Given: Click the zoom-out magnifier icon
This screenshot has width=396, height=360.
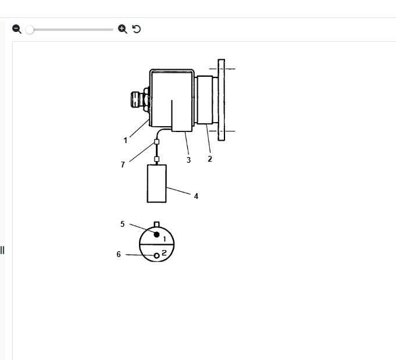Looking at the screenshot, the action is pyautogui.click(x=17, y=29).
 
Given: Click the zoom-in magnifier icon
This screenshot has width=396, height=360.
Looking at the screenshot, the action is pyautogui.click(x=123, y=29).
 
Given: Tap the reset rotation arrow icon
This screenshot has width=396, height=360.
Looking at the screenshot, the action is pyautogui.click(x=137, y=29).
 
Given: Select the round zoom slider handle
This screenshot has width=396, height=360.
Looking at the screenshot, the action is pyautogui.click(x=30, y=30).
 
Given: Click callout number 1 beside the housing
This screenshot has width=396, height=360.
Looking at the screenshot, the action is pyautogui.click(x=125, y=141).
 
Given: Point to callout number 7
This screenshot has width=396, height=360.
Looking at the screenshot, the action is pyautogui.click(x=123, y=165).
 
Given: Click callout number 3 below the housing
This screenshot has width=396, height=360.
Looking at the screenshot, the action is pyautogui.click(x=188, y=160).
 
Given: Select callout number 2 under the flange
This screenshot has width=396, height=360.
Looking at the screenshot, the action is pyautogui.click(x=210, y=159).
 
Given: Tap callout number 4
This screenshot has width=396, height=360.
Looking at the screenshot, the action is pyautogui.click(x=196, y=196).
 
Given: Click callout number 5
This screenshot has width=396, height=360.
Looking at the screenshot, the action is pyautogui.click(x=123, y=224).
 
